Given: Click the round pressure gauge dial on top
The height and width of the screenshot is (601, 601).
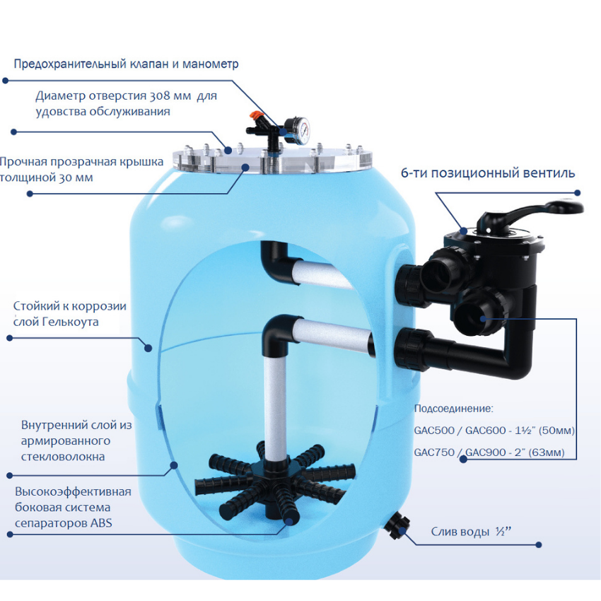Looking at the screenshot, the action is tap(299, 130).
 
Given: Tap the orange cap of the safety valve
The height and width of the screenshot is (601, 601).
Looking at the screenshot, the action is tap(255, 115).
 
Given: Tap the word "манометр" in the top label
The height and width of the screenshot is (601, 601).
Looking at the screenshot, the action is tap(211, 64).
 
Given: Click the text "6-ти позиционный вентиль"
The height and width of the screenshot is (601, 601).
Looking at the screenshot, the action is tap(488, 173).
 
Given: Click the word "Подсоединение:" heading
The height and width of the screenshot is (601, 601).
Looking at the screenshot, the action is tap(454, 409).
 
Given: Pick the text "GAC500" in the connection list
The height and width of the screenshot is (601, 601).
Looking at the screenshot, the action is tap(433, 431).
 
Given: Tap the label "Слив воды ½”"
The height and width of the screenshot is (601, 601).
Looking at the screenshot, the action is tap(471, 532).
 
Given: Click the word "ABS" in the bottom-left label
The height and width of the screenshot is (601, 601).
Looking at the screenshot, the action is tap(101, 523).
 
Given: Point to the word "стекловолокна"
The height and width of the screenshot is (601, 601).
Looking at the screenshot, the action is tap(63, 457).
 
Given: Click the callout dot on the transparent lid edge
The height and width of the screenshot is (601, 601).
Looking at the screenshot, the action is tap(245, 167).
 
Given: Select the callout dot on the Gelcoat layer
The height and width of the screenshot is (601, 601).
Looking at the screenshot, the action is tap(148, 348).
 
